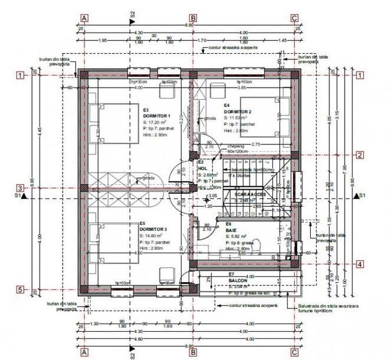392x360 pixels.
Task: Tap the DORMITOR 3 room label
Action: coord(153,229)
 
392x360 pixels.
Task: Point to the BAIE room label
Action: coord(228,230)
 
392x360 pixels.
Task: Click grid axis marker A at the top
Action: coord(84,19)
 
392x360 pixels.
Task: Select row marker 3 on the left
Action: coord(20,189)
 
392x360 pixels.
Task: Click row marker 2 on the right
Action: coord(360,155)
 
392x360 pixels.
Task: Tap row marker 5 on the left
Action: coord(20,290)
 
